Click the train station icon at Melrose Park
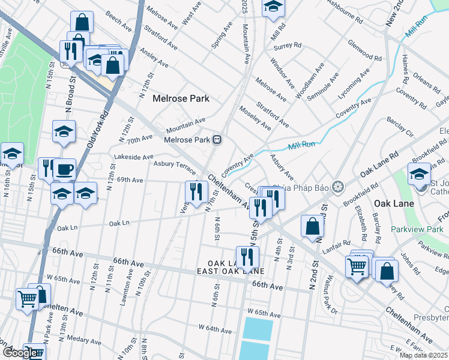point(217,140)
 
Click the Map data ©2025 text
point(424,355)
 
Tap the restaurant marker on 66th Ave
point(247,257)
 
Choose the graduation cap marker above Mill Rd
point(273,7)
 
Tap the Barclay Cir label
point(400,131)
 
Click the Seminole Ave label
point(325,86)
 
